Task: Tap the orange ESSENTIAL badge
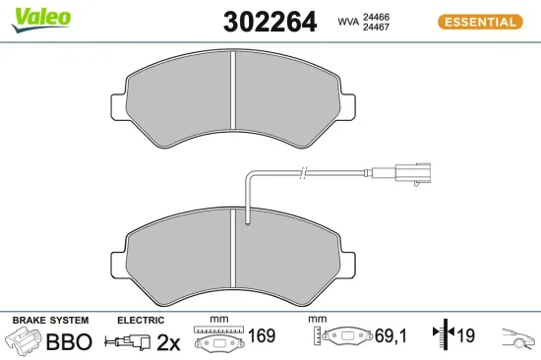click(x=479, y=22)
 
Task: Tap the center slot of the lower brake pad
click(x=232, y=259)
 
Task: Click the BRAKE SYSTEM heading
click(x=49, y=321)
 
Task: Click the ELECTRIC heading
click(x=140, y=321)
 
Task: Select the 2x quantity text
click(x=169, y=342)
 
